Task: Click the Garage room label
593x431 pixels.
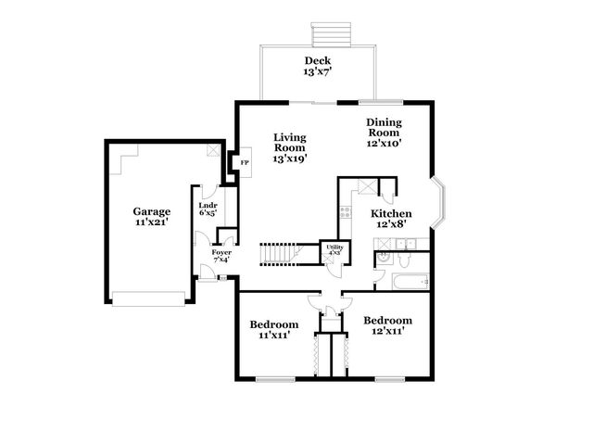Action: pyautogui.click(x=150, y=211)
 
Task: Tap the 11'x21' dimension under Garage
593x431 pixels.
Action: pyautogui.click(x=150, y=223)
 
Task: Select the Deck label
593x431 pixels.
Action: pyautogui.click(x=317, y=60)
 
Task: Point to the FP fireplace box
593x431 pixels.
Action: pyautogui.click(x=245, y=163)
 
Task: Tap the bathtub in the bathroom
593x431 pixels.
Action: pyautogui.click(x=407, y=281)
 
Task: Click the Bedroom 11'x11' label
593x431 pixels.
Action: pyautogui.click(x=274, y=329)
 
